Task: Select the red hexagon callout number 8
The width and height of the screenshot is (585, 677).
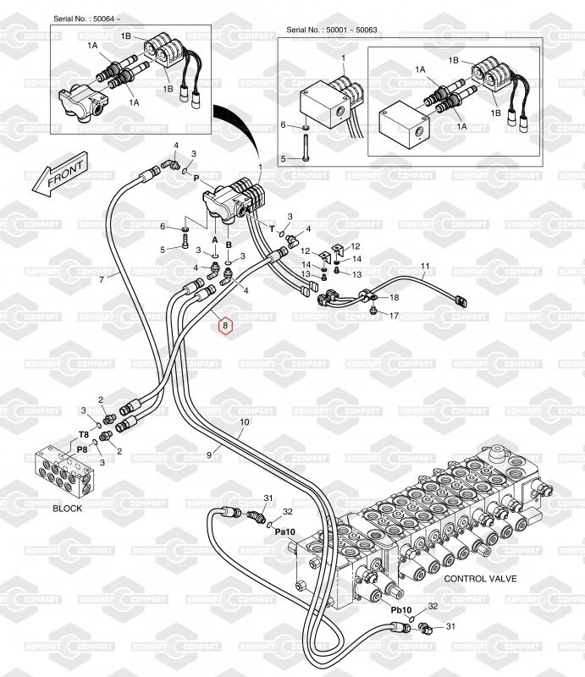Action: point(225,325)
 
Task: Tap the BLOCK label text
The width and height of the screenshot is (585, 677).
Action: point(68,509)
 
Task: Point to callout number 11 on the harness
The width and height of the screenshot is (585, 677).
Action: point(425,267)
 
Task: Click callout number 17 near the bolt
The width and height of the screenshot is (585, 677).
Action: point(394,316)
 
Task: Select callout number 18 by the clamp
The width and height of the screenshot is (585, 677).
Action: point(394,298)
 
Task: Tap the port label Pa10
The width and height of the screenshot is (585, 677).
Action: point(284,532)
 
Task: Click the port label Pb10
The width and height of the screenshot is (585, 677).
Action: point(400,609)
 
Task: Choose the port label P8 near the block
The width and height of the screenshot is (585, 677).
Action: point(82,450)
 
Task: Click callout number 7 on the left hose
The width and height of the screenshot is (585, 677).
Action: point(102,278)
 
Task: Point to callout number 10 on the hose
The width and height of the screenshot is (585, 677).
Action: point(245,421)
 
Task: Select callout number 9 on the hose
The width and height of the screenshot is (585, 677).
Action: point(208,455)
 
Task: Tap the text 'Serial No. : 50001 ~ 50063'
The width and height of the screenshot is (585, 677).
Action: point(333,30)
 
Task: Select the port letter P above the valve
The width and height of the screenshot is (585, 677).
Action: point(196,179)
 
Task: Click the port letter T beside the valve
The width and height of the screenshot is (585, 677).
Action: point(273,228)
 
